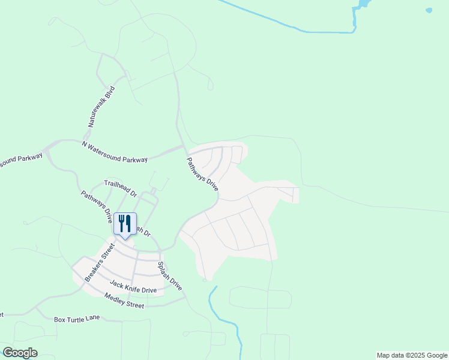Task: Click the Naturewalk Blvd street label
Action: point(101,106)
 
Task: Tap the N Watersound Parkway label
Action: point(115,152)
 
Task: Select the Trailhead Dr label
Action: point(121,188)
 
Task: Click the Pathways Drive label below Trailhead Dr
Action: point(97,207)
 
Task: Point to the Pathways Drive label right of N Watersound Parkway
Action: point(202,175)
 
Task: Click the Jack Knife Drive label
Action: point(133,286)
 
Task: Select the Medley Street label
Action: point(124,301)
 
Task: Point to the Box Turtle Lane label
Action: point(77,319)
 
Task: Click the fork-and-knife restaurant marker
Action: point(125,224)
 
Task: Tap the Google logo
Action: point(20,353)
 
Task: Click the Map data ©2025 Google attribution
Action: point(412,355)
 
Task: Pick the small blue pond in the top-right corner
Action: point(429,10)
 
